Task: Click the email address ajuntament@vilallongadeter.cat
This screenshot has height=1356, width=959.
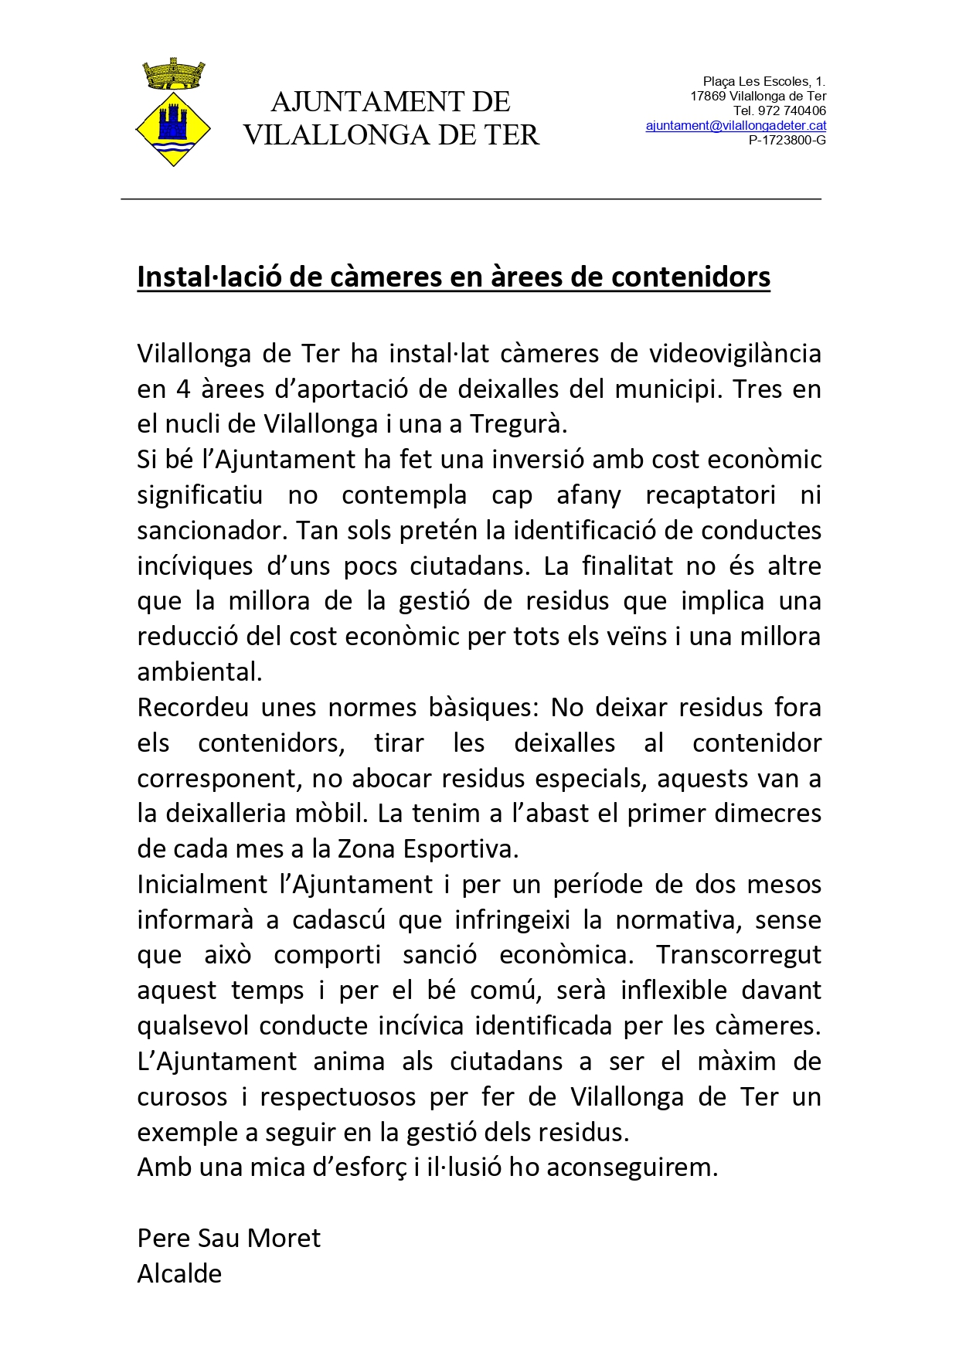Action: pos(736,126)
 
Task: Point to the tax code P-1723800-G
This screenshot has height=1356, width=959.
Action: pos(787,141)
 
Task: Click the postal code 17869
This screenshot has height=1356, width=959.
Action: pos(708,97)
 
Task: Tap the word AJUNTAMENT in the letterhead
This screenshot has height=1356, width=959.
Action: pos(363,102)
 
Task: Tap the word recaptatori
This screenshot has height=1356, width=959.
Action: pos(710,495)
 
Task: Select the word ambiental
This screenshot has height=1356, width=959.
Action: pos(199,672)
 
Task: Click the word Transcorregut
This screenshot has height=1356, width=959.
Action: pos(738,955)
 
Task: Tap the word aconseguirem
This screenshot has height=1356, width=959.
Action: pos(632,1167)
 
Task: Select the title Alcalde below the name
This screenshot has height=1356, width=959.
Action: pos(179,1274)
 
